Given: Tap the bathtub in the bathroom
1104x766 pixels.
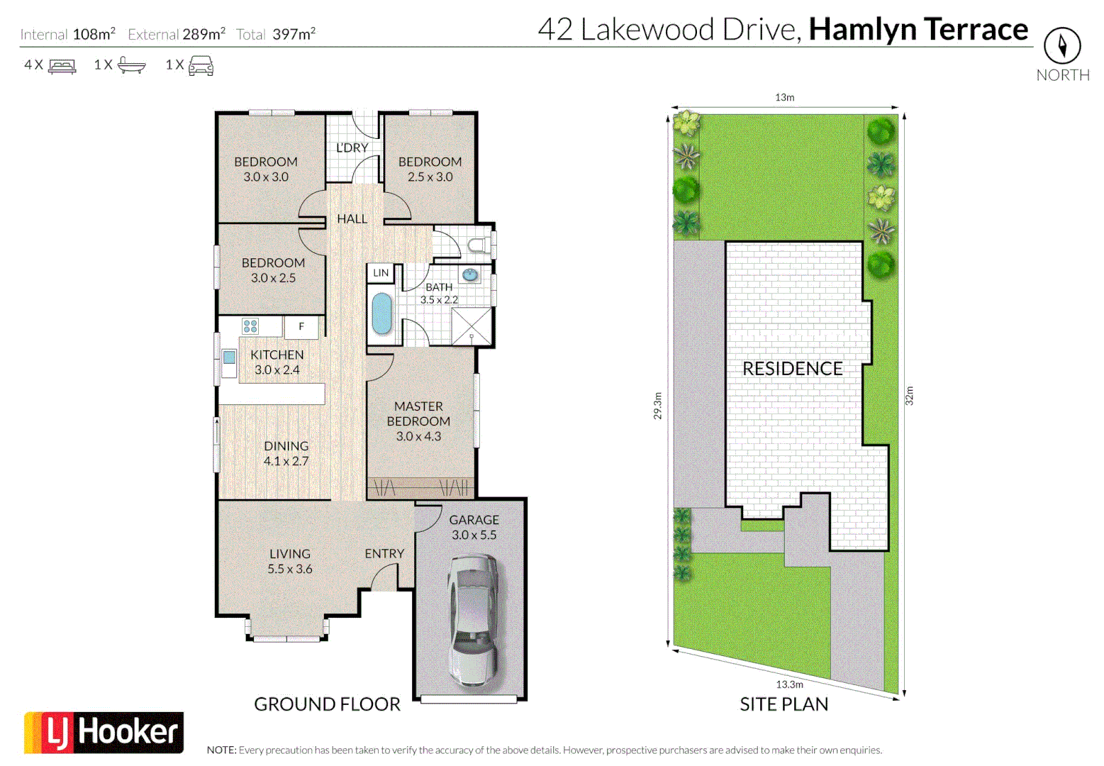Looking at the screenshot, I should pyautogui.click(x=381, y=313).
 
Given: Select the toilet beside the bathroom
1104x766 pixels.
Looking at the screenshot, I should pyautogui.click(x=479, y=245).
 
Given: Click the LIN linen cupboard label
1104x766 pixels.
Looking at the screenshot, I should pyautogui.click(x=381, y=272).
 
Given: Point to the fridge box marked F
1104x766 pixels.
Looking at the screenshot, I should pyautogui.click(x=301, y=326).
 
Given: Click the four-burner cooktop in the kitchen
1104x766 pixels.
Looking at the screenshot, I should pyautogui.click(x=250, y=326).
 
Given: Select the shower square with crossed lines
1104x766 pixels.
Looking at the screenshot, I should pyautogui.click(x=472, y=326).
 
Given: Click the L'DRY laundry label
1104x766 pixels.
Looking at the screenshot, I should pyautogui.click(x=352, y=148).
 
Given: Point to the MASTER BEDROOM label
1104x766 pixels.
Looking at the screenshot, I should pyautogui.click(x=418, y=413).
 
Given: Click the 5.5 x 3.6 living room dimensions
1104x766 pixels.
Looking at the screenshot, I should pyautogui.click(x=289, y=569).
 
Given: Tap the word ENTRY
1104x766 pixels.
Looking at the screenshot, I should pyautogui.click(x=384, y=553).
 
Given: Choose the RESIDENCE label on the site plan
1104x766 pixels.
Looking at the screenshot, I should pyautogui.click(x=792, y=369).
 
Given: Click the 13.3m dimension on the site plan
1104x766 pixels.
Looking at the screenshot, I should pyautogui.click(x=789, y=684).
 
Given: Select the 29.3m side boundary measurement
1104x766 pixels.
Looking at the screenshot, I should pyautogui.click(x=657, y=406).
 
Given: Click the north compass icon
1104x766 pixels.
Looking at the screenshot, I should pyautogui.click(x=1062, y=46).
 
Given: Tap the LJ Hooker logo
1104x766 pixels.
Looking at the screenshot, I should pyautogui.click(x=104, y=732).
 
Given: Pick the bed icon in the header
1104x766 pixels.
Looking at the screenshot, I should pyautogui.click(x=62, y=66).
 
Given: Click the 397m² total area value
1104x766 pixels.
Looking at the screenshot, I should pyautogui.click(x=294, y=33).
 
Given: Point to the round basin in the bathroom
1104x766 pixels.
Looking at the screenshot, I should pyautogui.click(x=469, y=274).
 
